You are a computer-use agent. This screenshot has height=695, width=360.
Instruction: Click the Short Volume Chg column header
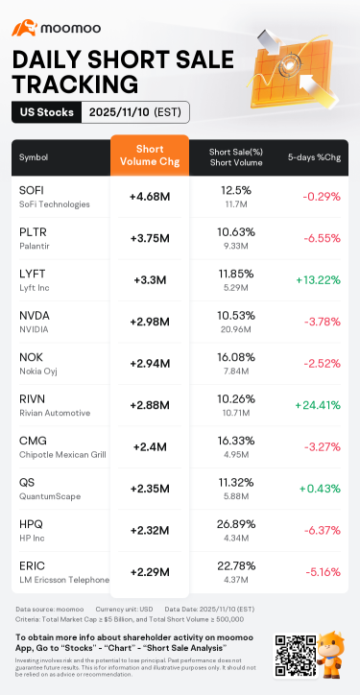point(150,156)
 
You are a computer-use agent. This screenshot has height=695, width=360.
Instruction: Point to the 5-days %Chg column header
point(313,156)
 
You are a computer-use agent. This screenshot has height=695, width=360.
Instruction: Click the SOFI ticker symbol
point(32,190)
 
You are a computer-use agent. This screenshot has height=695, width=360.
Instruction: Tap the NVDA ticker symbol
point(35,315)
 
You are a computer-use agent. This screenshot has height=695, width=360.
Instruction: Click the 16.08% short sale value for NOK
point(236,356)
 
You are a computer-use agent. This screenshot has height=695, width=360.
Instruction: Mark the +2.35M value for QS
point(150,488)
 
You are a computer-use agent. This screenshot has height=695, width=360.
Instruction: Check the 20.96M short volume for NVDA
point(236,329)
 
